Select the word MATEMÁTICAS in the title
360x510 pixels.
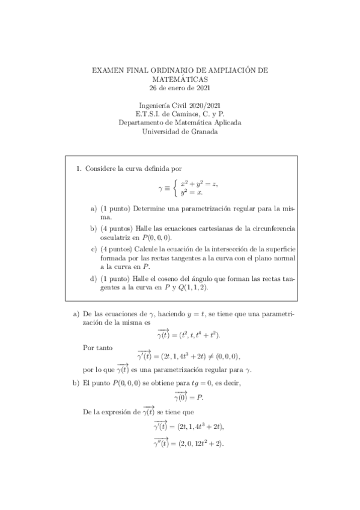(180, 79)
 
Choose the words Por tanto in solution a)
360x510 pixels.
(95, 347)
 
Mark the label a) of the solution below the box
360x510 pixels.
(76, 313)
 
